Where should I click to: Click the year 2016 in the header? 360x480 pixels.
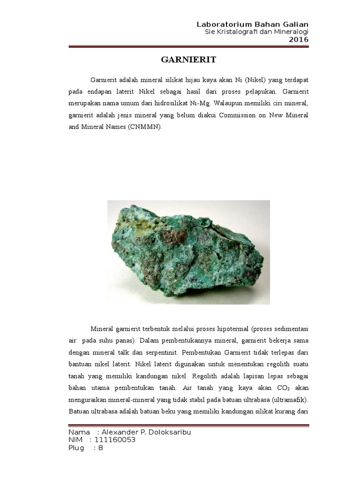(299, 39)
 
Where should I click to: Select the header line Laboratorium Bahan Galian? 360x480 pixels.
(253, 24)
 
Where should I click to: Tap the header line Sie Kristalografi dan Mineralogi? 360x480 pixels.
(257, 32)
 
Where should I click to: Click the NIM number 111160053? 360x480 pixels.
(115, 440)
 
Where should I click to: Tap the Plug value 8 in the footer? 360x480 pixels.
(100, 448)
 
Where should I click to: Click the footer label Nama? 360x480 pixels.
(79, 432)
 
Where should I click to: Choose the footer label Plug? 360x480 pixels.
(77, 448)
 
